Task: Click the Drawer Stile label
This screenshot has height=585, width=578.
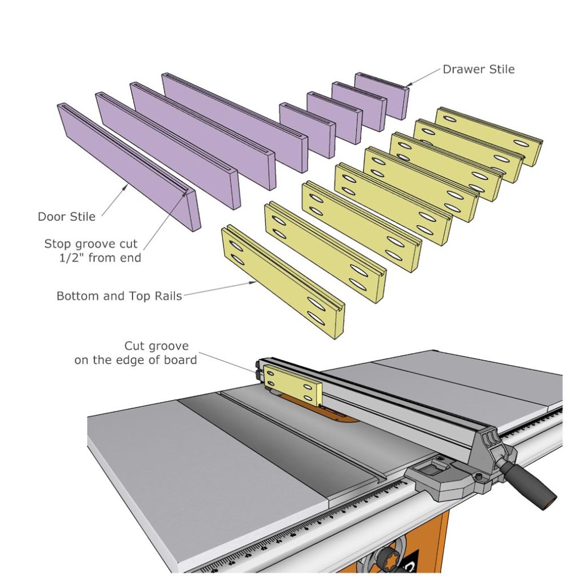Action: pyautogui.click(x=478, y=70)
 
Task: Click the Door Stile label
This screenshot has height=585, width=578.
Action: pyautogui.click(x=66, y=217)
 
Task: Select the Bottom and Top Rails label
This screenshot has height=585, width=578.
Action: pyautogui.click(x=118, y=296)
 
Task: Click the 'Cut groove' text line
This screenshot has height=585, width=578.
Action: pyautogui.click(x=156, y=346)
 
